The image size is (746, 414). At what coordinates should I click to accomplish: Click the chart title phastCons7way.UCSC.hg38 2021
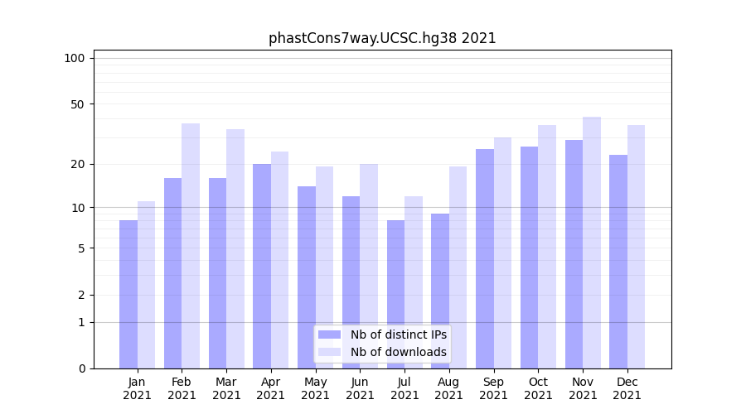click(x=382, y=38)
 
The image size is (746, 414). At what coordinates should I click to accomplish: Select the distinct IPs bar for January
click(x=128, y=294)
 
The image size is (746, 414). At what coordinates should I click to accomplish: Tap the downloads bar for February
click(x=191, y=246)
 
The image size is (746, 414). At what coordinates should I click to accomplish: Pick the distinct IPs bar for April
click(x=262, y=266)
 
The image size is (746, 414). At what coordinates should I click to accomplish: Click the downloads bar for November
click(x=592, y=243)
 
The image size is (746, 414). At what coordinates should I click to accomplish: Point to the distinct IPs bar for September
click(x=485, y=258)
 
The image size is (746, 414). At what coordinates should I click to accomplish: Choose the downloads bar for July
click(x=414, y=282)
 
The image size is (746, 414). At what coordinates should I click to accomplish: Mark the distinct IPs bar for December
click(x=618, y=262)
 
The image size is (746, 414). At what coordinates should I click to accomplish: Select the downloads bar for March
click(x=235, y=248)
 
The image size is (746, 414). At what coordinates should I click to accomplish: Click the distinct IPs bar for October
click(x=529, y=258)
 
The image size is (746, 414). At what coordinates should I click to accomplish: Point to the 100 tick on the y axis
click(x=75, y=58)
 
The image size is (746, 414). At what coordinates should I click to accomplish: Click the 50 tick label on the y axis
click(x=78, y=104)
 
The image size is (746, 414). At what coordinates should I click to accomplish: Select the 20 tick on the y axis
click(x=78, y=164)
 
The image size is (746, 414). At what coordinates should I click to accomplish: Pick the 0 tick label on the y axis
click(x=81, y=368)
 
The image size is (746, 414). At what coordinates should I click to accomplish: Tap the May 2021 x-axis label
click(x=316, y=388)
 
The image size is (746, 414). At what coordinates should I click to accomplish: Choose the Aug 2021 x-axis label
click(x=449, y=388)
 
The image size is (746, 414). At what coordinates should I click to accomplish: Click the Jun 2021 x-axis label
click(x=360, y=388)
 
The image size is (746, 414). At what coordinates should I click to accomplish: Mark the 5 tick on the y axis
click(x=81, y=248)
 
